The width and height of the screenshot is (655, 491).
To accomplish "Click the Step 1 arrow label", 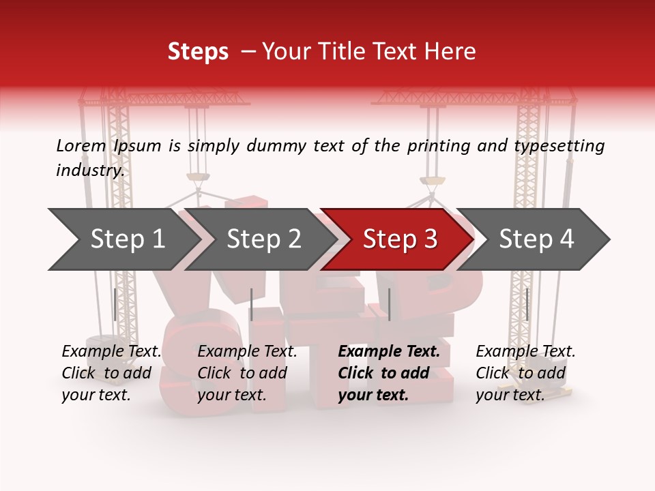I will click(128, 239).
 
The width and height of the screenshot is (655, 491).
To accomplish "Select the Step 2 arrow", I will click(263, 239).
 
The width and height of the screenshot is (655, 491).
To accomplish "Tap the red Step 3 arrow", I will click(400, 239).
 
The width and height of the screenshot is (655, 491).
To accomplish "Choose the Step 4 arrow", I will click(536, 239).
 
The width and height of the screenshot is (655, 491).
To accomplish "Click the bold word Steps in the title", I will click(198, 52).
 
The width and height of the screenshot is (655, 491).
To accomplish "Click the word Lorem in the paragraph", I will click(81, 146).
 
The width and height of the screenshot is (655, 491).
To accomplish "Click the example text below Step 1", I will click(112, 373).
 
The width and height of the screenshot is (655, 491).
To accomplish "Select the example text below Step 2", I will click(248, 373).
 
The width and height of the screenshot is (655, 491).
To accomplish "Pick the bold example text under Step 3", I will click(389, 373).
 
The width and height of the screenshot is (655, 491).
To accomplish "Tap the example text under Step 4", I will click(525, 373).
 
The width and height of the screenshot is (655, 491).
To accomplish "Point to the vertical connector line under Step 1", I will click(115, 304).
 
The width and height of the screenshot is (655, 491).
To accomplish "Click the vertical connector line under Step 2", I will click(252, 304).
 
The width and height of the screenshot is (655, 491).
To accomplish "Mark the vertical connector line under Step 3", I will click(389, 304).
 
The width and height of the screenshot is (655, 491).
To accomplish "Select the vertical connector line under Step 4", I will click(527, 304).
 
